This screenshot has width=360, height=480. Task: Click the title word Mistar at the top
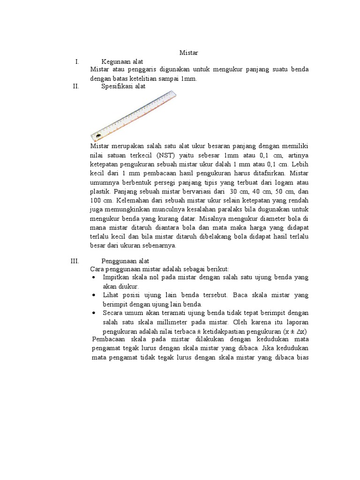coord(189,53)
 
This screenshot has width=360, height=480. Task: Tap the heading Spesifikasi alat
coord(123,87)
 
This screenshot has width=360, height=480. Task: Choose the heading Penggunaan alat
coord(125,261)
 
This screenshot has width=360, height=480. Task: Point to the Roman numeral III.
coord(75,261)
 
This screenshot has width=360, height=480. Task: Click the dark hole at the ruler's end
coord(98,137)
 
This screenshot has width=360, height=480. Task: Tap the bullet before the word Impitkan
coord(94,277)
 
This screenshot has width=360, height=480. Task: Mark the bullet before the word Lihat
coord(94,295)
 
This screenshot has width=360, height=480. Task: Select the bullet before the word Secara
coord(94,313)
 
